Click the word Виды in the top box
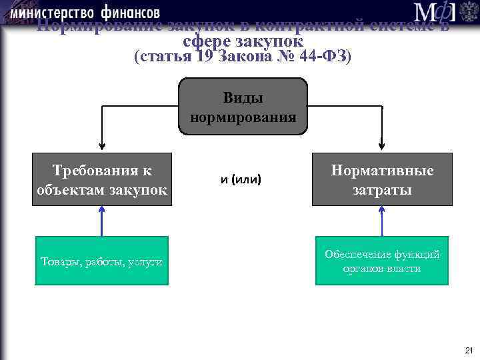(x=243, y=98)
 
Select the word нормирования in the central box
(x=243, y=117)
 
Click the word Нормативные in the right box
(x=382, y=171)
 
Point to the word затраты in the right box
(x=382, y=190)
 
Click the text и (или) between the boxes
(x=241, y=179)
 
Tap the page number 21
(x=469, y=351)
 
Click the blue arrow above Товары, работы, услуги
(x=102, y=221)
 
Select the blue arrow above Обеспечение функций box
(x=382, y=221)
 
